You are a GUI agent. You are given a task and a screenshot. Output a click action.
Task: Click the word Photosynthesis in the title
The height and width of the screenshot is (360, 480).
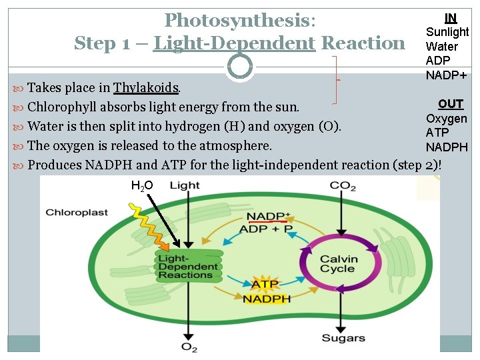[x=237, y=21]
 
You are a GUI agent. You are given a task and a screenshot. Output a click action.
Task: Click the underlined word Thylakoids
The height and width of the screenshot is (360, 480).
[x=146, y=88]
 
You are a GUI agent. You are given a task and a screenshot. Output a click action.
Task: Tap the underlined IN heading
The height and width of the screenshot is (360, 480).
[x=451, y=18]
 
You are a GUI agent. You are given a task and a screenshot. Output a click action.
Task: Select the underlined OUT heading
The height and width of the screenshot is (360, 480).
[x=450, y=104]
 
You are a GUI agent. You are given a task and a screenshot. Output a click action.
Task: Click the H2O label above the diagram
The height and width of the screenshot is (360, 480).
[x=142, y=185]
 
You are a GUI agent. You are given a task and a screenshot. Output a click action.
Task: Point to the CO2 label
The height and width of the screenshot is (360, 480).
[x=343, y=185]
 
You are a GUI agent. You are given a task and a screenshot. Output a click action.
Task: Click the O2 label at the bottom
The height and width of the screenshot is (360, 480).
[x=189, y=346]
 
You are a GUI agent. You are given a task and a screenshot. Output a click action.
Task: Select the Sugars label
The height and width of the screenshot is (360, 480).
[x=343, y=338]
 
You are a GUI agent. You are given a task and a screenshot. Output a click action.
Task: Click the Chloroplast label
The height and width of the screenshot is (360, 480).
[x=77, y=213]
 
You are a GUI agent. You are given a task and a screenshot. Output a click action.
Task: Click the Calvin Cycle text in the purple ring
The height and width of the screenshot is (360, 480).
[x=338, y=264]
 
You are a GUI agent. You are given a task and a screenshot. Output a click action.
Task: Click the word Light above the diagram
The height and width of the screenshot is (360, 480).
[x=185, y=185]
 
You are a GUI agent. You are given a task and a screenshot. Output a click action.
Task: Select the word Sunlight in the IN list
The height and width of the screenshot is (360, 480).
[x=447, y=32]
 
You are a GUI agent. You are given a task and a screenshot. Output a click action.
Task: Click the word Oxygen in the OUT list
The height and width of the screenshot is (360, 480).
[x=447, y=119]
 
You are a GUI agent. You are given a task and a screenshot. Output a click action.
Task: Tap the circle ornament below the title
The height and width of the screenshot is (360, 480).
[x=239, y=66]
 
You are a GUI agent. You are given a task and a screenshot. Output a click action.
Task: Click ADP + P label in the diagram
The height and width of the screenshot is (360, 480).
[x=265, y=229]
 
